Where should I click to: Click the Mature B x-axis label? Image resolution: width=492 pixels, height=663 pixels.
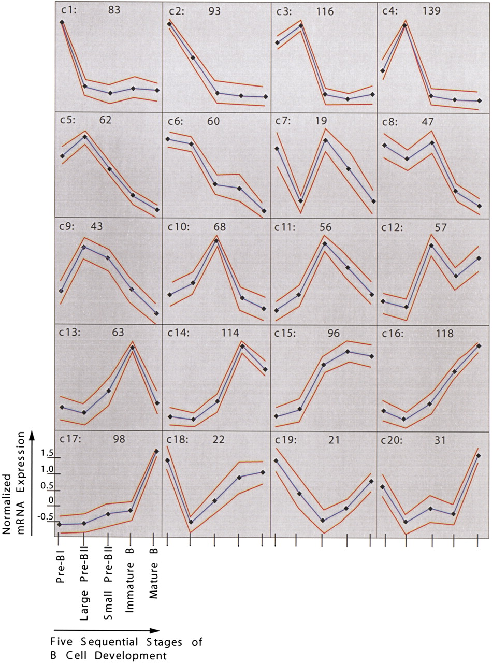coord(153,568)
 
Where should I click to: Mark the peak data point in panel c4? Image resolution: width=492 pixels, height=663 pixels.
coord(405,25)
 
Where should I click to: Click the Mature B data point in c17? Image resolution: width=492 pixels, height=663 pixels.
coord(156,451)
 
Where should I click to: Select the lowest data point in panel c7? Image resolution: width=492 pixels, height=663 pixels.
coord(300,201)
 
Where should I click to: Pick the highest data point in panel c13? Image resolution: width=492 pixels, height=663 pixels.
coord(133,347)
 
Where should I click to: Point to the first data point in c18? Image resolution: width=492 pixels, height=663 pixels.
coord(167,460)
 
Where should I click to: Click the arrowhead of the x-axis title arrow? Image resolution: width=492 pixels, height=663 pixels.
coord(156,630)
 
